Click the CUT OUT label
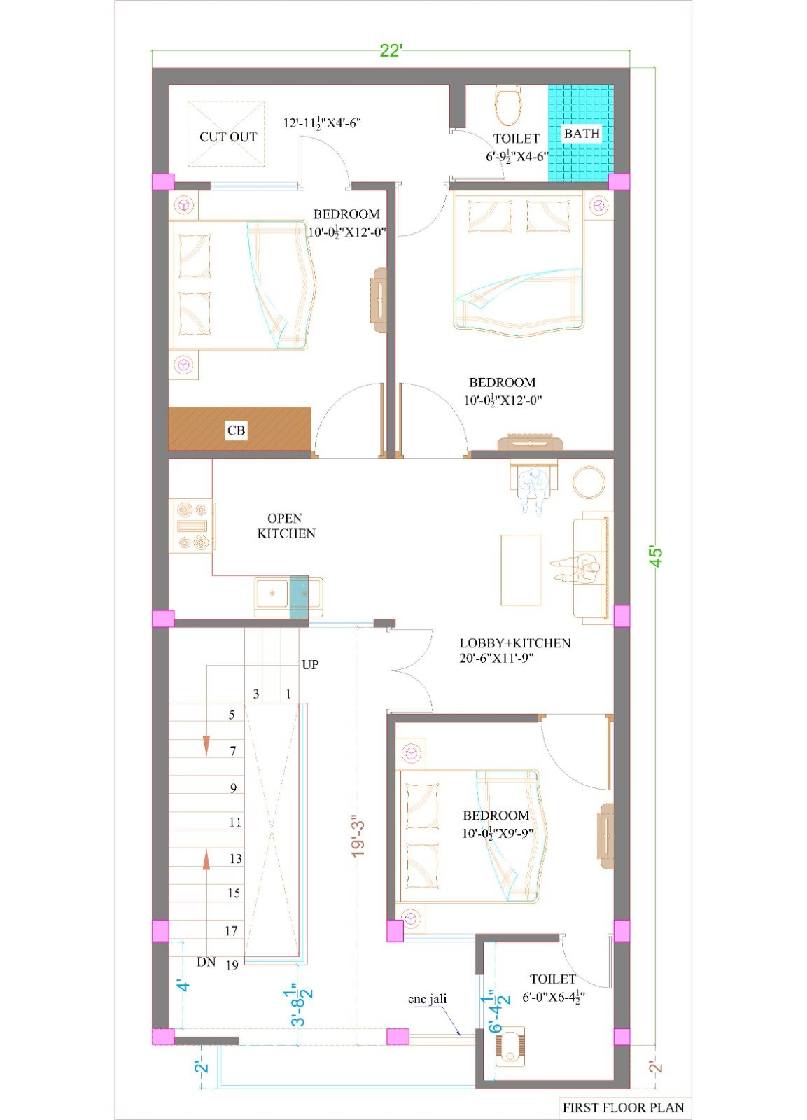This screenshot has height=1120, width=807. [x=228, y=136]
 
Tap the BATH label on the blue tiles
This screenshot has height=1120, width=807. [x=582, y=134]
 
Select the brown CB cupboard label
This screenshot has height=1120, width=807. [x=236, y=430]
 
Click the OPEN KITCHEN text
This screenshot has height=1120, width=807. [x=286, y=526]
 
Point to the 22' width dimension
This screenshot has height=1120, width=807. [x=391, y=51]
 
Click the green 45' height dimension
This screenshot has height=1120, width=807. [x=657, y=556]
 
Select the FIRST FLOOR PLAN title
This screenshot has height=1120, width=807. [x=623, y=1107]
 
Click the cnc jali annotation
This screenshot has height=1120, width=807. [x=427, y=999]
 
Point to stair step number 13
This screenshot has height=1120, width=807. [x=235, y=858]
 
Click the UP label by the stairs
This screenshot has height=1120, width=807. [x=310, y=664]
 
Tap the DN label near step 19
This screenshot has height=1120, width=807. [x=206, y=962]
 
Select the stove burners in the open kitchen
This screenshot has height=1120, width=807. [x=192, y=525]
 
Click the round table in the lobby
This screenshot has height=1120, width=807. [x=589, y=482]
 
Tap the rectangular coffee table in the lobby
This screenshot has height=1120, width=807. [x=521, y=570]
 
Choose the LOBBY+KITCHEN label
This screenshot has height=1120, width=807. [x=515, y=643]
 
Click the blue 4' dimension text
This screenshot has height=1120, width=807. [x=184, y=986]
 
